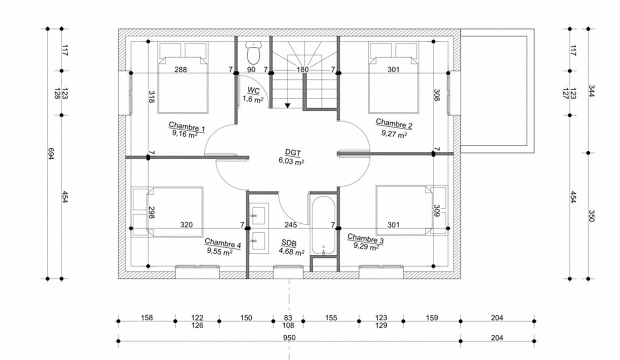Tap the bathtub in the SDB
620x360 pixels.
(x=323, y=225)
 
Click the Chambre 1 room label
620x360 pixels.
(x=186, y=127)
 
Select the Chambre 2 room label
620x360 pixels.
(x=394, y=124)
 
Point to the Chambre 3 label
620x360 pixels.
(x=365, y=239)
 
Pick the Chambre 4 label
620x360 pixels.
(x=223, y=244)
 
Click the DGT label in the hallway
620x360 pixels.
(x=293, y=152)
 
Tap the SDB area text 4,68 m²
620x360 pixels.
(x=291, y=251)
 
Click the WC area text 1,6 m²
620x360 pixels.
(x=253, y=99)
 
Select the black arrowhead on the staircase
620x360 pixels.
(x=287, y=105)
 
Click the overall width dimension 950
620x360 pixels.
(x=289, y=338)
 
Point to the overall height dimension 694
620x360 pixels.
(x=51, y=153)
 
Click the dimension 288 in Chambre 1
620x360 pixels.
(x=180, y=69)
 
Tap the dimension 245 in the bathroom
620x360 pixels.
(x=290, y=224)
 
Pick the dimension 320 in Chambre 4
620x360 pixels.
(x=186, y=224)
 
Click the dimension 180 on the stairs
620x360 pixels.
(x=302, y=69)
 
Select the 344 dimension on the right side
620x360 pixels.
(x=591, y=91)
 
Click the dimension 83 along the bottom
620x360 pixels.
(x=288, y=317)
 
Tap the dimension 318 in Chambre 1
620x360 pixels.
(x=151, y=97)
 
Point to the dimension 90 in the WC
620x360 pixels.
(x=251, y=69)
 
